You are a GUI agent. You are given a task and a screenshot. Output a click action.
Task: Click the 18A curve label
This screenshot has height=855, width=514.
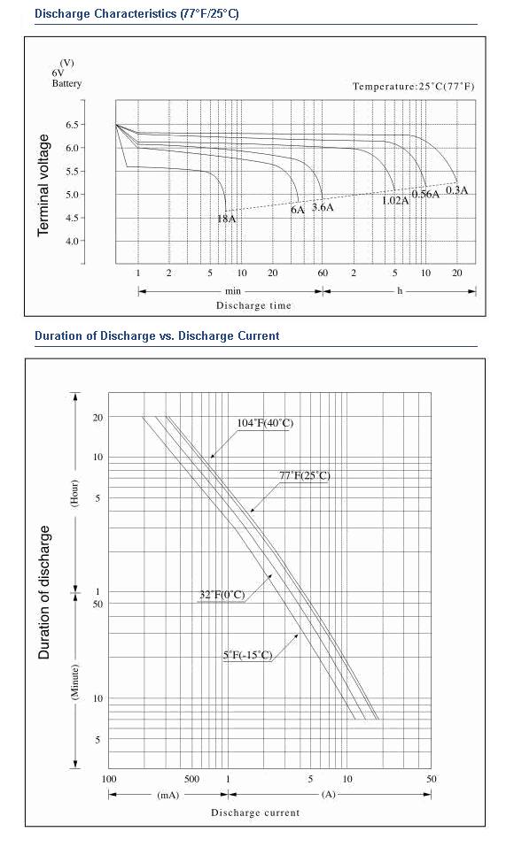[x=227, y=219]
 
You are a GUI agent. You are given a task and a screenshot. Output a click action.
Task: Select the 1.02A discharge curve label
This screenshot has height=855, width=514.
[x=395, y=201]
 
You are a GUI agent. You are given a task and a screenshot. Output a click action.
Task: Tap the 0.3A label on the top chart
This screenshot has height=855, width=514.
[x=457, y=190]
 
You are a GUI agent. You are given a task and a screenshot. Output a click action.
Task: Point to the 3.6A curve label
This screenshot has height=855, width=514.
[x=323, y=208]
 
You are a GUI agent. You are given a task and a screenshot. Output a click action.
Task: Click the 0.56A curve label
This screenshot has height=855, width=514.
[x=425, y=195]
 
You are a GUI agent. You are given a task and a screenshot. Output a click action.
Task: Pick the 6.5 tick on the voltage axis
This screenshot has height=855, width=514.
[x=73, y=125]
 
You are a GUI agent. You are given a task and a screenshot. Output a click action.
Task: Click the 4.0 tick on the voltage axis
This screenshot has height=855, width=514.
[x=73, y=241]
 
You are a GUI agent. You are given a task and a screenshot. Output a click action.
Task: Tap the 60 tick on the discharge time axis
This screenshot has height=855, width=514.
[x=323, y=273]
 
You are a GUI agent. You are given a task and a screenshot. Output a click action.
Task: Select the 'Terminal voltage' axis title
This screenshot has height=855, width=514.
[x=43, y=185]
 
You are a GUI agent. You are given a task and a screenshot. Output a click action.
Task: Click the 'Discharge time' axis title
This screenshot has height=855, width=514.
[x=254, y=305]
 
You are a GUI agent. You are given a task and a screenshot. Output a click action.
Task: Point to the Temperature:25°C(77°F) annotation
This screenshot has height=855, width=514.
[x=414, y=86]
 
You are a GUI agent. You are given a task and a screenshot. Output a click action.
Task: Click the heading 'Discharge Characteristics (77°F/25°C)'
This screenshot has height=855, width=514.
[x=136, y=13]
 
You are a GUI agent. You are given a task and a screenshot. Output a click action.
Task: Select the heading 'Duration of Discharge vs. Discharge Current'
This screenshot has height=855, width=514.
[x=157, y=336]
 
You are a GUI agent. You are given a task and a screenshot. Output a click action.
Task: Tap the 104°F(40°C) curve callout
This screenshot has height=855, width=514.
[x=265, y=423]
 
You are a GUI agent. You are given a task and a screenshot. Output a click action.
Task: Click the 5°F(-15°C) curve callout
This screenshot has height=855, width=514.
[x=247, y=655]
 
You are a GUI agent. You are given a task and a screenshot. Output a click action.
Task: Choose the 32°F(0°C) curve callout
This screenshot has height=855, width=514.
[x=222, y=595]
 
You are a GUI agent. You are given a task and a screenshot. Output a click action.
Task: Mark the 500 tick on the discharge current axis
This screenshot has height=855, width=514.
[x=191, y=779]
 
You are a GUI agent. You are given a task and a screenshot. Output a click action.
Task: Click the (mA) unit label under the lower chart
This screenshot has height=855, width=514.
[x=168, y=795]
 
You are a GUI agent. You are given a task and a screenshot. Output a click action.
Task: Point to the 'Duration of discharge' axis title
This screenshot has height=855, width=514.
[x=44, y=592]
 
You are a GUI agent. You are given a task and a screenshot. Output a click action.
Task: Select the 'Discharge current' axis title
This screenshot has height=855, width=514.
[x=255, y=813]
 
